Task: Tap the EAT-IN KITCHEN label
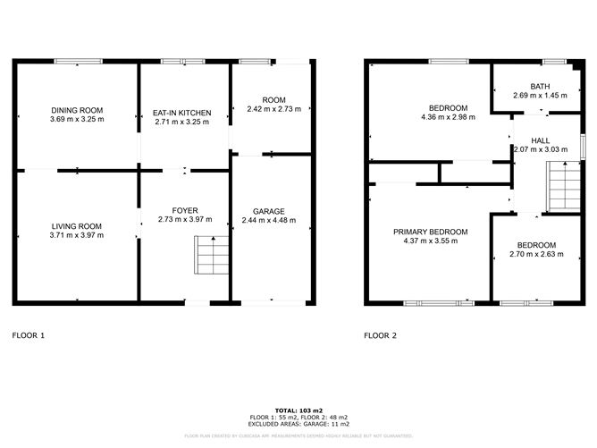(x=182, y=113)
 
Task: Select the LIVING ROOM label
(x=77, y=226)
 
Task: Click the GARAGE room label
(x=269, y=211)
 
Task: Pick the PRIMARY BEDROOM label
(x=431, y=231)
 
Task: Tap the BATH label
(x=540, y=87)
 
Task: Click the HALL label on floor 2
(x=540, y=140)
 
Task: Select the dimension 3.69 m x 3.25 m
(x=77, y=120)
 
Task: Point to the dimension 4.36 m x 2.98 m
(x=449, y=117)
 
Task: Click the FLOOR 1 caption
(x=28, y=336)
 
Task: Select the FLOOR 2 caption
(x=380, y=336)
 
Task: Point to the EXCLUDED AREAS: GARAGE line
(x=298, y=424)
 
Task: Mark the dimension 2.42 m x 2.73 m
(x=273, y=110)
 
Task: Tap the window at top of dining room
(x=77, y=61)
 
